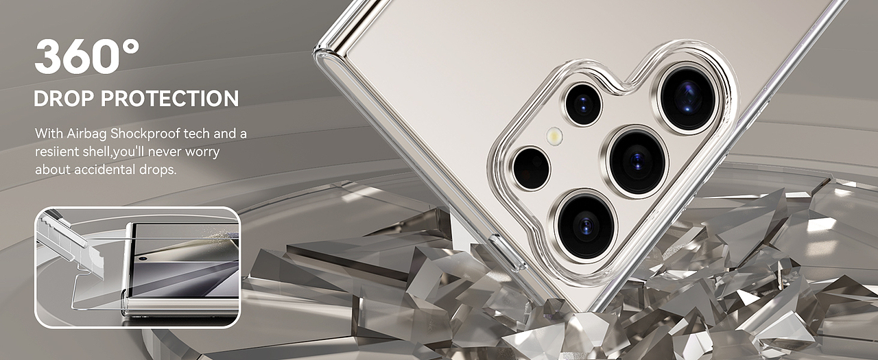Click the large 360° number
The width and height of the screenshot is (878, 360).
[x=87, y=57]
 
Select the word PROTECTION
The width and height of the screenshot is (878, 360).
[x=169, y=99]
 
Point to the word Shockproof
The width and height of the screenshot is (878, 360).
[x=145, y=134]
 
